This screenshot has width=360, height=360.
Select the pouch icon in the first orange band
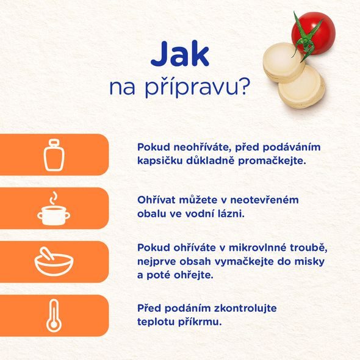coord(54,155)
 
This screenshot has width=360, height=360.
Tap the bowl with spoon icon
coord(54,262)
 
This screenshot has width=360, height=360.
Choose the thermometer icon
coord(54,316)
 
